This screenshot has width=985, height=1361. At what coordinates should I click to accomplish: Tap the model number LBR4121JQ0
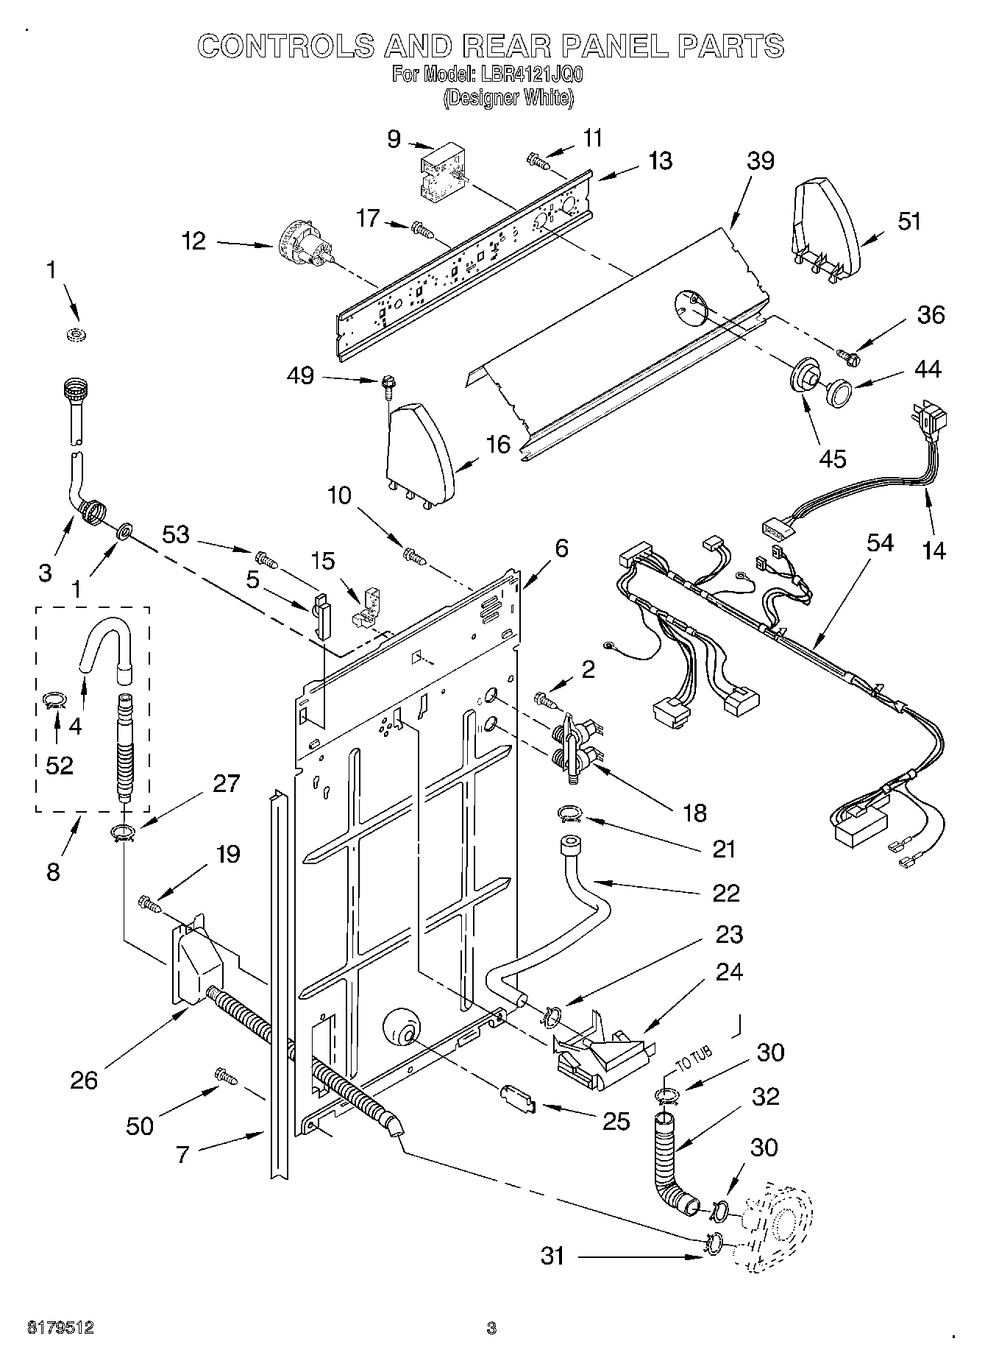(x=527, y=74)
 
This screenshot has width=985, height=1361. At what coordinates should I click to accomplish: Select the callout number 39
(x=760, y=160)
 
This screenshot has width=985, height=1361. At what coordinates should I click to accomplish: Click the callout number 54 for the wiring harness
(x=879, y=543)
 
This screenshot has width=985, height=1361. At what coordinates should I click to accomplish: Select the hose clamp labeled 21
(x=569, y=813)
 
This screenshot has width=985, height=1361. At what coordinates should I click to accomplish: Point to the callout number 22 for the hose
(x=725, y=892)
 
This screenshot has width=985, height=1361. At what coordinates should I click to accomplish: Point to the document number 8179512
(x=60, y=1328)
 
